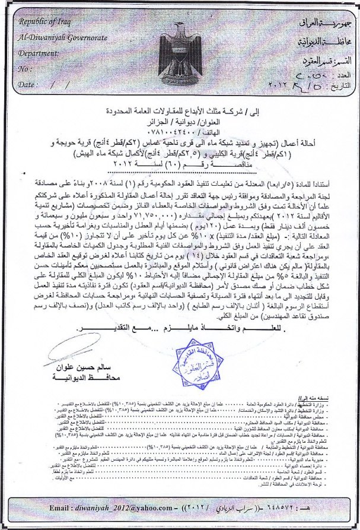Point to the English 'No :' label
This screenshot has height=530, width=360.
pos(25,69)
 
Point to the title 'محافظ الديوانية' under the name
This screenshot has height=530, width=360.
pos(77,378)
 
